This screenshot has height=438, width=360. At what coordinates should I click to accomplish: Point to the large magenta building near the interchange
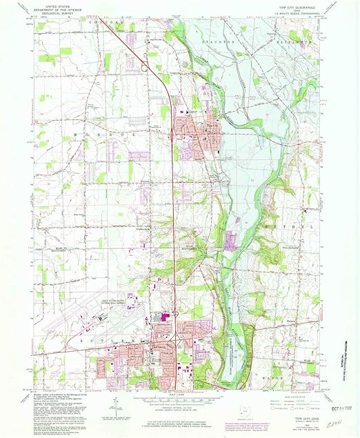click(x=165, y=317)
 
